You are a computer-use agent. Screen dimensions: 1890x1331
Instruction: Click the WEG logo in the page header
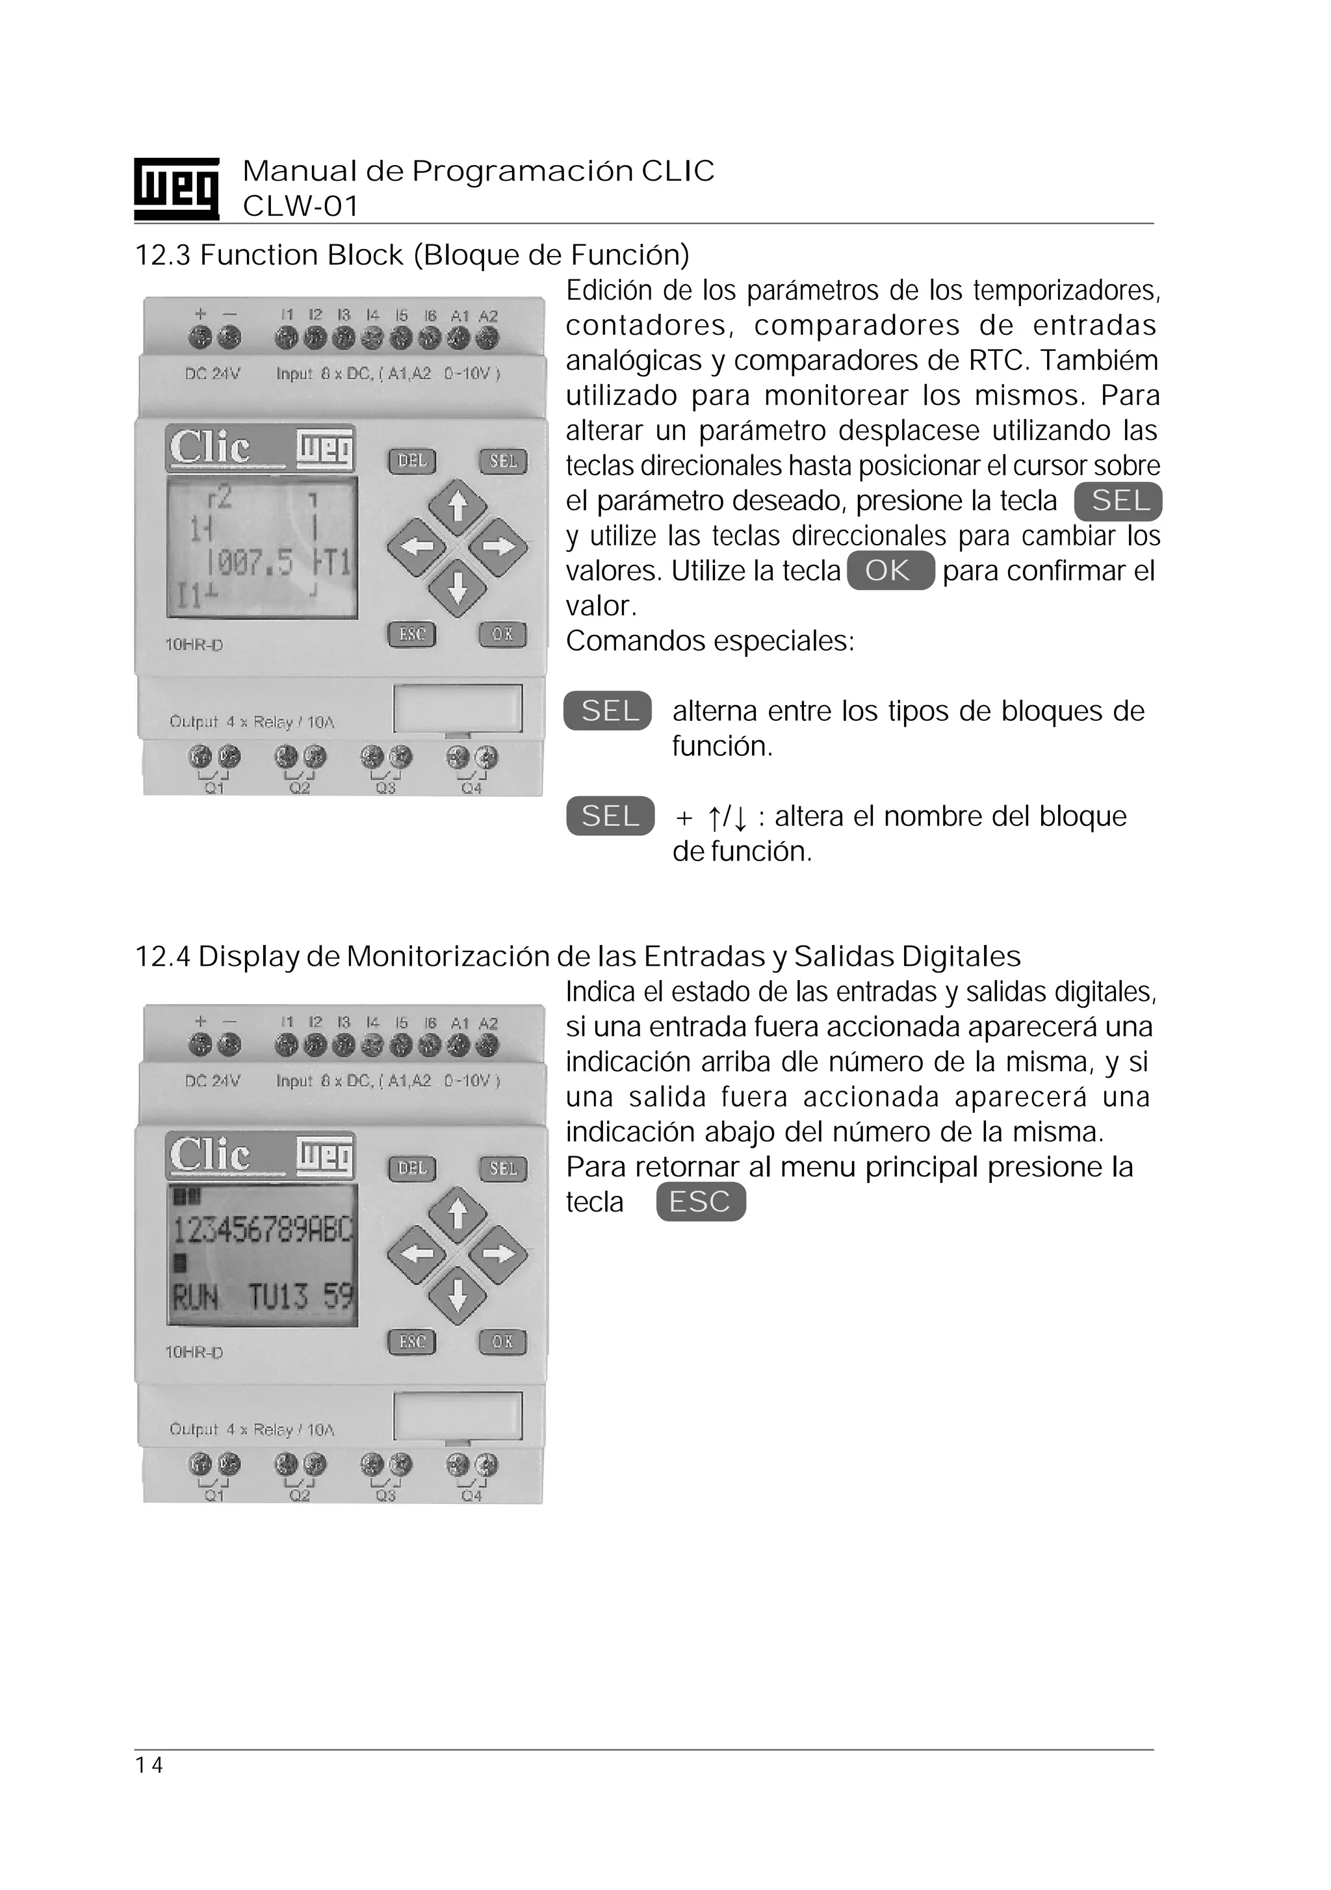(x=176, y=188)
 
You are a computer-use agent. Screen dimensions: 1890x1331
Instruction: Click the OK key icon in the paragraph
(x=890, y=571)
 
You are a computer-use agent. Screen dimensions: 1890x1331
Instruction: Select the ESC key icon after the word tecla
(x=701, y=1202)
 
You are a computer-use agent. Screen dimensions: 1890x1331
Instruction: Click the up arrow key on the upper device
(x=458, y=504)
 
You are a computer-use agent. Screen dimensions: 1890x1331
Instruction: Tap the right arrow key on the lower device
(x=498, y=1254)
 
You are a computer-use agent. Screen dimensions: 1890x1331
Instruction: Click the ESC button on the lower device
(x=411, y=1341)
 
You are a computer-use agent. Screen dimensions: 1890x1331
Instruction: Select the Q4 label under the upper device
(x=472, y=788)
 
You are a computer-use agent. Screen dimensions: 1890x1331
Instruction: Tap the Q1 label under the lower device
(x=214, y=1495)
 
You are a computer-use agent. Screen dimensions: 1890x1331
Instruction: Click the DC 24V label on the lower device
(x=213, y=1081)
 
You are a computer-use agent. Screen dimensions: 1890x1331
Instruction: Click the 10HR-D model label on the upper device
(x=194, y=645)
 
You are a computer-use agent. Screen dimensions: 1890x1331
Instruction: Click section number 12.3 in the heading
(x=162, y=255)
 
